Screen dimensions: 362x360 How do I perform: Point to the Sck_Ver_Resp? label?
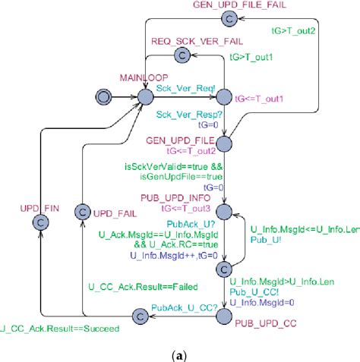[x=183, y=115]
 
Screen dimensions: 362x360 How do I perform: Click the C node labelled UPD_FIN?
[x=39, y=221]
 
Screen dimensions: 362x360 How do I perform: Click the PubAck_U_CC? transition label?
[x=183, y=308]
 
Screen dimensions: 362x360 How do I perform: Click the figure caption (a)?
[x=181, y=353]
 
